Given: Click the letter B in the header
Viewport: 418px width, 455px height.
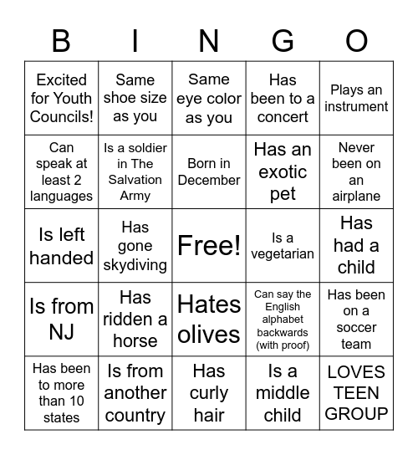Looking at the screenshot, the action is (61, 40).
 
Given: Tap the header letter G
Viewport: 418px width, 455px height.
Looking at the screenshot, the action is (283, 40).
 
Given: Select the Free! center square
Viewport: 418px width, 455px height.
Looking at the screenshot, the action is (209, 245).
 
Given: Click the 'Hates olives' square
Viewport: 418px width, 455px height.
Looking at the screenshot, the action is (209, 319).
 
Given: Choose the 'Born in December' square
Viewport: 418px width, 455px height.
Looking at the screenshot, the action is (209, 171).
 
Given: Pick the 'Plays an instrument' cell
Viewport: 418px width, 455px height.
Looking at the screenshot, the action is (356, 98).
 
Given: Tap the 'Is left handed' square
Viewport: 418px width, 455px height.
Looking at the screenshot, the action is (61, 245).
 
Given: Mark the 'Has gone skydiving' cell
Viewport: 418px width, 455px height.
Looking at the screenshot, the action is (135, 245).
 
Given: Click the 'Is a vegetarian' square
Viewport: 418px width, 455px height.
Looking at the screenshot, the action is (283, 245).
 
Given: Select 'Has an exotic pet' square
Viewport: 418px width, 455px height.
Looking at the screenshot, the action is (283, 171).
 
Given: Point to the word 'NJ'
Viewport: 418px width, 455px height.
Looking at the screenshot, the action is (61, 332).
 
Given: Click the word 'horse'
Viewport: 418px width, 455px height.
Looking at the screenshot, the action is (135, 340).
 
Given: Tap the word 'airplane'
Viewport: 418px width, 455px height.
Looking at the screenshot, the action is (356, 197).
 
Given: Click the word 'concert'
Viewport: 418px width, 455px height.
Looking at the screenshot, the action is (283, 117).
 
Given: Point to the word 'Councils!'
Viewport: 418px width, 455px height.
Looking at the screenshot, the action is (61, 117).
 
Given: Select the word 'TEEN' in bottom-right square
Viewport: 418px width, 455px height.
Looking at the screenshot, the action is (356, 392).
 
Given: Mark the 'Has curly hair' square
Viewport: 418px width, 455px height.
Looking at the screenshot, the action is (209, 392).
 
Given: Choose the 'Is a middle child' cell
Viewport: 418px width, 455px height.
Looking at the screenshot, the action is (283, 392).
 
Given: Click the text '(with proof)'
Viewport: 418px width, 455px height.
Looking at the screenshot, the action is (283, 345).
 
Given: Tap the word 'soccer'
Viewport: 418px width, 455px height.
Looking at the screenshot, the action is (356, 327).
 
